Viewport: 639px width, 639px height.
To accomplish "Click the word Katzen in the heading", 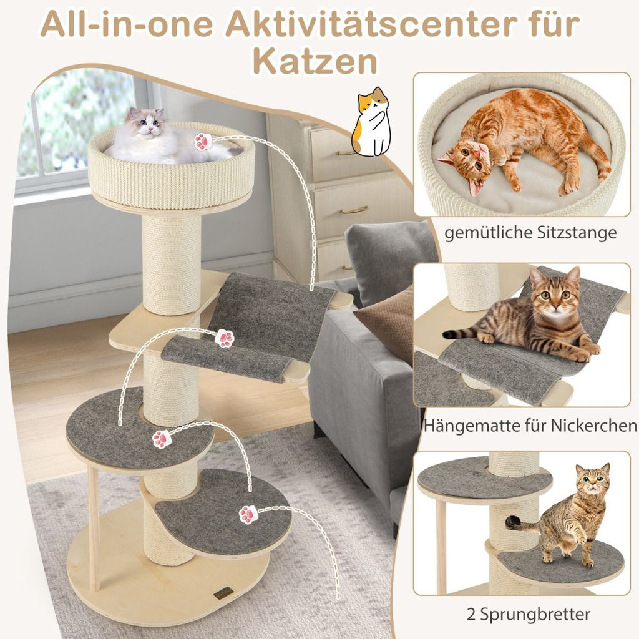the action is [315, 61].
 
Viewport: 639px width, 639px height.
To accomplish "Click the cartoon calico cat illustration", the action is [371, 122].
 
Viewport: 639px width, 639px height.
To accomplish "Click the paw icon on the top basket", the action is [203, 142].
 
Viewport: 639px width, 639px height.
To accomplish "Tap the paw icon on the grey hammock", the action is [225, 338].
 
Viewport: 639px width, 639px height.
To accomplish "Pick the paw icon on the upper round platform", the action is [162, 439].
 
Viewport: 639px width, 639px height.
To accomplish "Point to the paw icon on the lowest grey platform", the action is [248, 514].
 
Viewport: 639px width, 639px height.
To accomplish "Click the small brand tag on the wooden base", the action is [225, 593].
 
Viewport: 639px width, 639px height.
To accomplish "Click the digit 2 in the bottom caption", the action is [471, 614].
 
